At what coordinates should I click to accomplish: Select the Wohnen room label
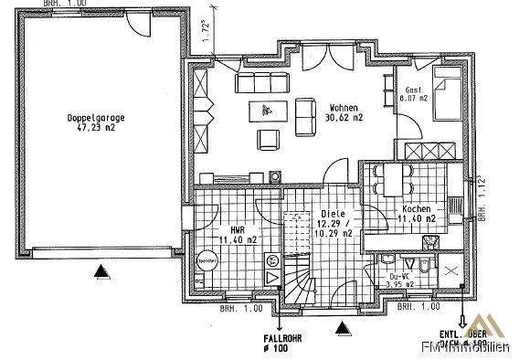click(x=344, y=107)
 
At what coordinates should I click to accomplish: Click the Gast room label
click(x=413, y=90)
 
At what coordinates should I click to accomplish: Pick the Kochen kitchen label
click(x=418, y=209)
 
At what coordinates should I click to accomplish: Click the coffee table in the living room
click(x=266, y=111)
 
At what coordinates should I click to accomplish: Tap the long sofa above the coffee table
click(x=262, y=83)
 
